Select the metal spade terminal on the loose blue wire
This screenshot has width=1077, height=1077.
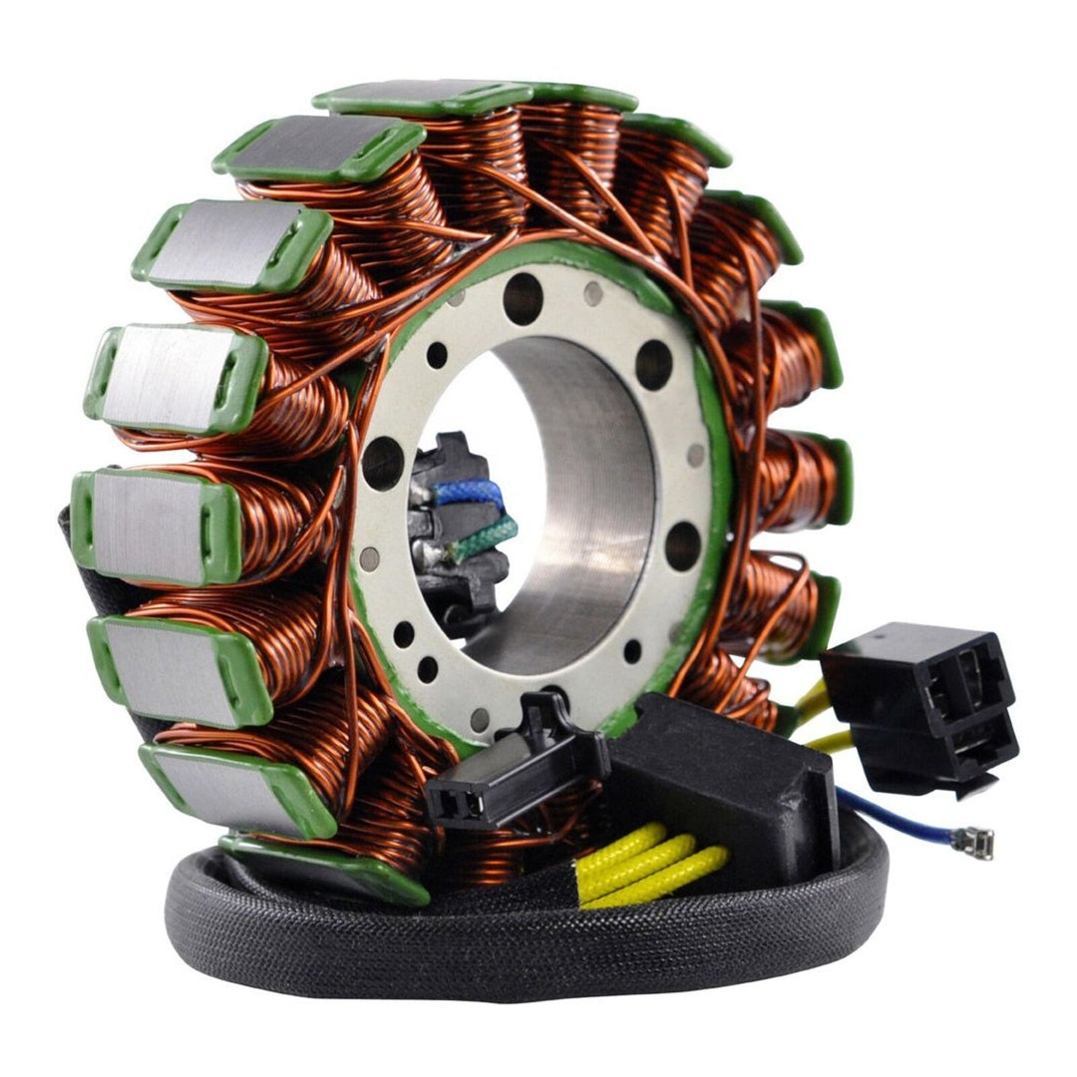coord(973,844)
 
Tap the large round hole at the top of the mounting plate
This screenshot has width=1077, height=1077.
coord(523,298)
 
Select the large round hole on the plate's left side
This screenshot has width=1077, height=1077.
coord(383,464)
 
